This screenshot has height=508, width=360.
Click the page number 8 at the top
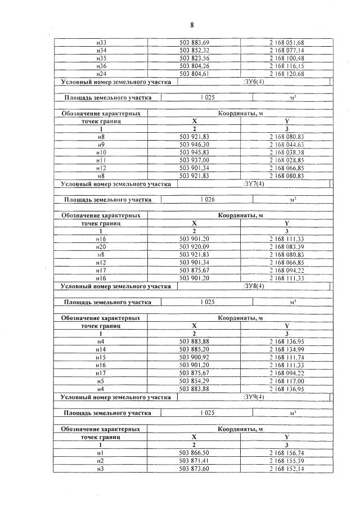point(191,25)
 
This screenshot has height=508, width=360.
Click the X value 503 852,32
point(194,51)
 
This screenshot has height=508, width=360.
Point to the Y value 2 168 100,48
point(287,59)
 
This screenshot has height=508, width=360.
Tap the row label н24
point(101,74)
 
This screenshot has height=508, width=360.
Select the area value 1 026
point(206,199)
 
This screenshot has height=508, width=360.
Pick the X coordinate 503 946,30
point(194,145)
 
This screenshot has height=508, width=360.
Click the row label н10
point(101,152)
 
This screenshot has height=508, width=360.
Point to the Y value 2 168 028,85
point(287,160)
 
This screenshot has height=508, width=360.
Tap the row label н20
point(101,246)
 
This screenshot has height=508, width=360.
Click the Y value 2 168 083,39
point(287,246)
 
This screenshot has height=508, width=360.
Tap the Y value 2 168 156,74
point(287,453)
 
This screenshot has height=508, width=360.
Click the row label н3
point(101,469)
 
